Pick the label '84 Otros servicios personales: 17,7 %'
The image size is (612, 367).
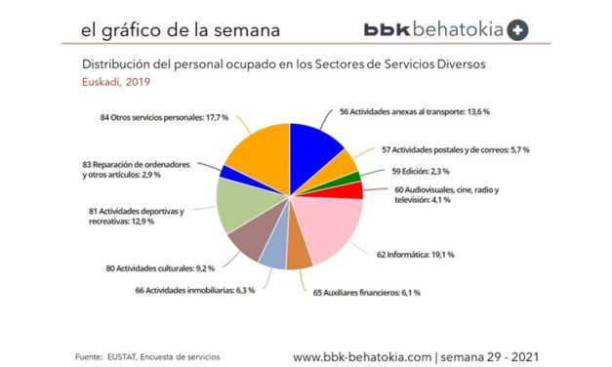[169, 119]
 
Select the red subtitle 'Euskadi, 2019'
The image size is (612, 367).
[97, 83]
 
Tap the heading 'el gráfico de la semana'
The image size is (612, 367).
[180, 30]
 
